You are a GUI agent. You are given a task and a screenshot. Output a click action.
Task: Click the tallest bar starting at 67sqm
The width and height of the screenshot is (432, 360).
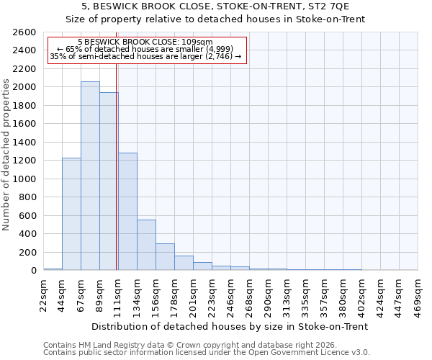[90, 176]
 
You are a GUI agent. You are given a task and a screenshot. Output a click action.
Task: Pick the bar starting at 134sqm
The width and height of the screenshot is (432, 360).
[146, 245]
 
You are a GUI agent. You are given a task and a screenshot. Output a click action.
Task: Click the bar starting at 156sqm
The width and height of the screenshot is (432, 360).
[165, 256]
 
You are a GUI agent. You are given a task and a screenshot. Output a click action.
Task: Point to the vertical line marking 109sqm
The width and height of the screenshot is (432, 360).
[116, 166]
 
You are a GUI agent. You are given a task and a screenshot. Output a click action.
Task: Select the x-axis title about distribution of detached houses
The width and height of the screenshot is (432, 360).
[230, 326]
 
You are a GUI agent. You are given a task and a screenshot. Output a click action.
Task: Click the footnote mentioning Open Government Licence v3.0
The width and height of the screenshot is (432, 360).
[207, 353]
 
